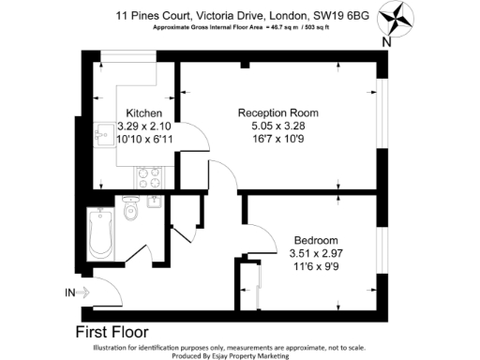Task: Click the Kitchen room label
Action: pos(145,112)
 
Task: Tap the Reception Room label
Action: pos(280,112)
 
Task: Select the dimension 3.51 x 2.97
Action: pos(316,252)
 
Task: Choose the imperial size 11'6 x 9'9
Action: pos(316,266)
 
